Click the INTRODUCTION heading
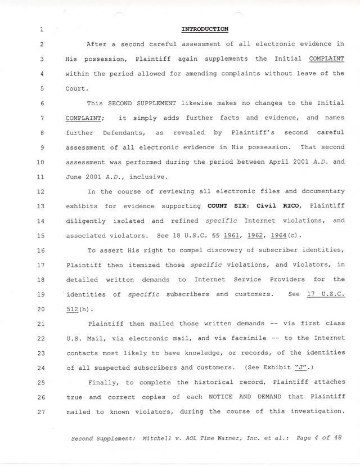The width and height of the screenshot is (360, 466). pyautogui.click(x=204, y=29)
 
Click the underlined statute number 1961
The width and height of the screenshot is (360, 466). pyautogui.click(x=232, y=235)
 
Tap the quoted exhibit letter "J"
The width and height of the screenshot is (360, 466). pyautogui.click(x=302, y=368)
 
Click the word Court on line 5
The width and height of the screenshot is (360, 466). pyautogui.click(x=76, y=88)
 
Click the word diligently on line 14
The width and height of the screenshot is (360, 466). pyautogui.click(x=85, y=221)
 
